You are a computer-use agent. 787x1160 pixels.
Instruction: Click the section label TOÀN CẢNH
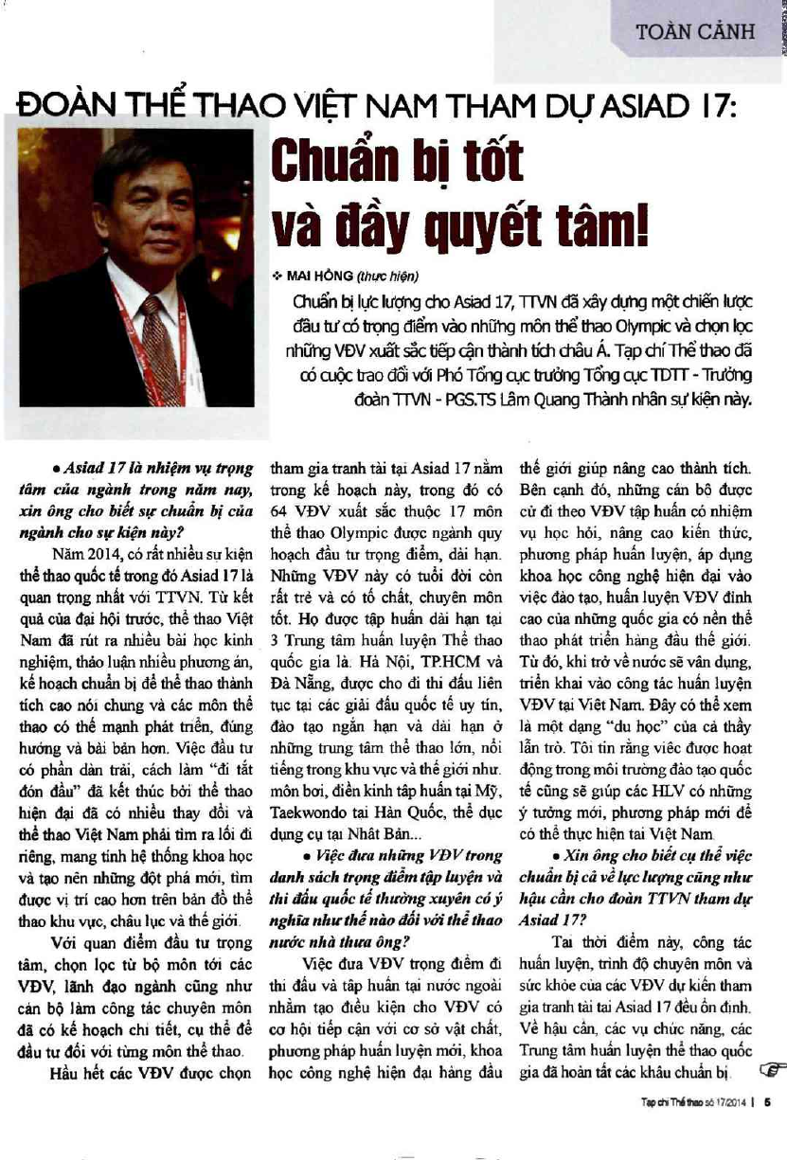click(696, 31)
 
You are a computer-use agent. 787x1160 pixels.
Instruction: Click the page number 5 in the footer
click(769, 1101)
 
